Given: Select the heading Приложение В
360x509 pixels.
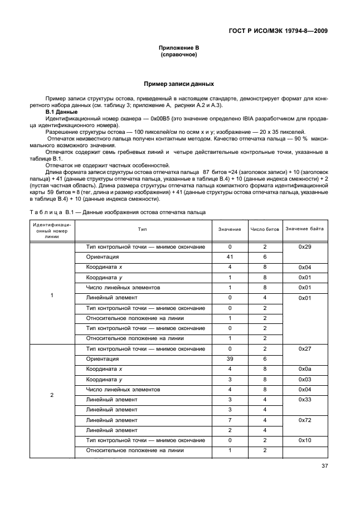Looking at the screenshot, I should click(x=179, y=49).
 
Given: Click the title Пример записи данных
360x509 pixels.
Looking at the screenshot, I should click(x=179, y=84).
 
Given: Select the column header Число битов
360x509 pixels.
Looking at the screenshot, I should click(x=265, y=229).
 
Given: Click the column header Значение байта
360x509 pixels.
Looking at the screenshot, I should click(x=304, y=229).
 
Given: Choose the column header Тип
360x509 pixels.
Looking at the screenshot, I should click(x=143, y=229).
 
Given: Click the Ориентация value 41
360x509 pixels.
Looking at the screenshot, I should click(x=230, y=257).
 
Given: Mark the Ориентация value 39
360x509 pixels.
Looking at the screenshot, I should click(x=230, y=359).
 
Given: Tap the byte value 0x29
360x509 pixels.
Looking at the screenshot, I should click(x=304, y=247).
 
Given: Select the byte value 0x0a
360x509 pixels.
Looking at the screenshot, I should click(x=304, y=369).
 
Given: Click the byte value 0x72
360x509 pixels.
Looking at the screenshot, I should click(x=304, y=420).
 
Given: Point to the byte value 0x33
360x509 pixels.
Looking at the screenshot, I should click(x=304, y=400).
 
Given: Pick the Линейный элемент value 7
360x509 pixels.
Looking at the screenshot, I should click(x=230, y=420).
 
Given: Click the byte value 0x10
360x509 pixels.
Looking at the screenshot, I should click(x=304, y=440).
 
